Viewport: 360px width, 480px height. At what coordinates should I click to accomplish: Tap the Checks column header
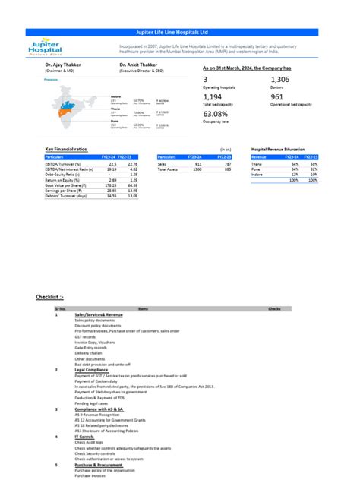[274, 308]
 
